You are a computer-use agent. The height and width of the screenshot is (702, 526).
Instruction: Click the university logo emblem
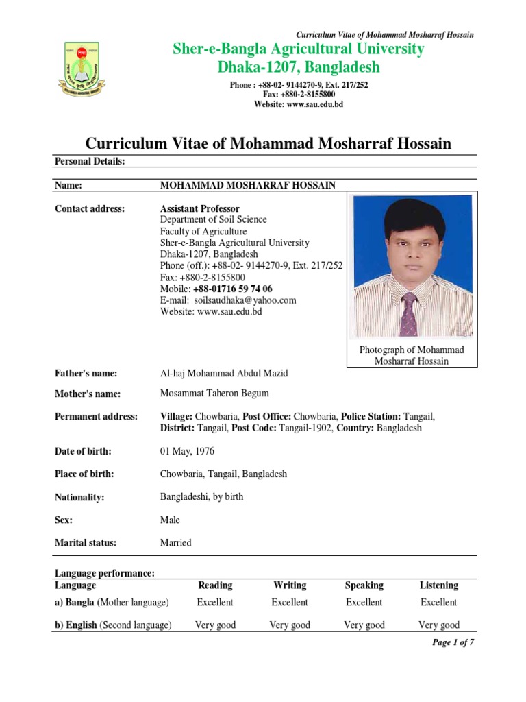tap(80, 69)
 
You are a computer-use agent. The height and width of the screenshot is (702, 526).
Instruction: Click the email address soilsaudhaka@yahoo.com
tap(245, 300)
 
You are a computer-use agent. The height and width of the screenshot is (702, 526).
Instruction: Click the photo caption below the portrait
tap(412, 355)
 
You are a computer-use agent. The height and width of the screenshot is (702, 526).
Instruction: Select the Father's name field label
tap(86, 373)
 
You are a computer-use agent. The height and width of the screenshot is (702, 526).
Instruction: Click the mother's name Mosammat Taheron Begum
tap(214, 393)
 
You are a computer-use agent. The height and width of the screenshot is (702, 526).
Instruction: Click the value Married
tap(176, 542)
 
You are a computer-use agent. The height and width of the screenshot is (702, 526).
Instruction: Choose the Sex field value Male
tap(170, 520)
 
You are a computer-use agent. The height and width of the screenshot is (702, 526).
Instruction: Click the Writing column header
tap(290, 585)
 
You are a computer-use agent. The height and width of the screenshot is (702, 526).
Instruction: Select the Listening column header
tap(439, 585)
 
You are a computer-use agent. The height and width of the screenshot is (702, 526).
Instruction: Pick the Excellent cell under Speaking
tap(364, 602)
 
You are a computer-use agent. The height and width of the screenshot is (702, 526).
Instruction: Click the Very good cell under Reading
tap(215, 625)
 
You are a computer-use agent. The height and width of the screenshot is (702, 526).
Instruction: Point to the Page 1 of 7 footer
tap(453, 642)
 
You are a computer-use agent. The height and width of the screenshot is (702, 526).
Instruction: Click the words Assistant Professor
tap(200, 208)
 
